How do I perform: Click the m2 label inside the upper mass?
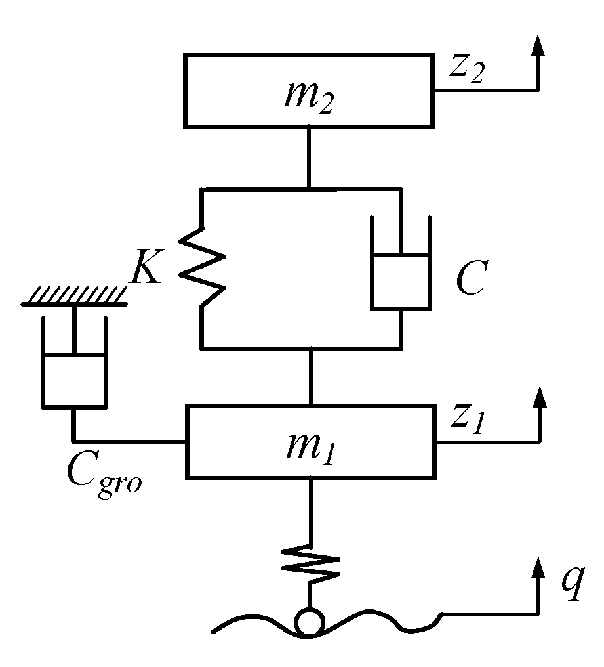click(x=308, y=95)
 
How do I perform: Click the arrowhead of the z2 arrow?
click(x=538, y=45)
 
